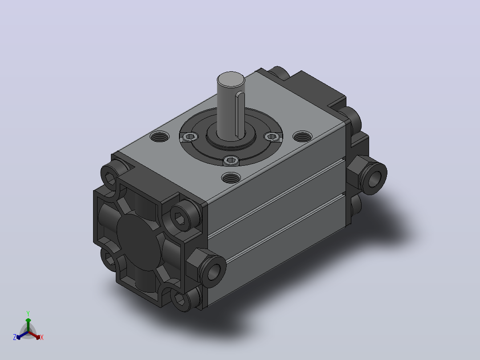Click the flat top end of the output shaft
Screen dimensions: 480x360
(231, 79)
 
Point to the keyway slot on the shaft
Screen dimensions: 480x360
(240, 115)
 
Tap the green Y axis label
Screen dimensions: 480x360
(28, 313)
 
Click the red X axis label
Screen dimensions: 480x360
(42, 337)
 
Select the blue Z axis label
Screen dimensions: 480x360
(15, 337)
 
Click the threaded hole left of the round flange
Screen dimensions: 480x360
(159, 136)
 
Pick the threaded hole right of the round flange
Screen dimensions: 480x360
(302, 136)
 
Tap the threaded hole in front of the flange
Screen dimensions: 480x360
(231, 177)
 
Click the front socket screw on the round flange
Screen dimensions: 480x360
(231, 160)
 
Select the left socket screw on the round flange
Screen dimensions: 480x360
(190, 136)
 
